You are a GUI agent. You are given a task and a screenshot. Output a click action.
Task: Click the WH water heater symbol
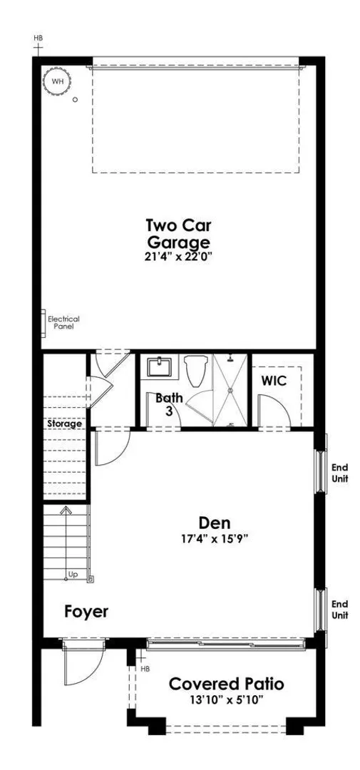click(x=58, y=81)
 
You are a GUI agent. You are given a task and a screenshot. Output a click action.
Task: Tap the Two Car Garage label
click(x=179, y=234)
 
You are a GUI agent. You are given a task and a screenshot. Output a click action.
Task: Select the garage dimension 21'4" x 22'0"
click(x=179, y=257)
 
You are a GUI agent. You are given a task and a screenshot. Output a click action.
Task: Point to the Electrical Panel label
click(x=63, y=322)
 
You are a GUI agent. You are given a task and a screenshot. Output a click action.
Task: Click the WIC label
click(x=274, y=381)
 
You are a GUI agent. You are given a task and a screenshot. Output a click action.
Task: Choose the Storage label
click(x=64, y=423)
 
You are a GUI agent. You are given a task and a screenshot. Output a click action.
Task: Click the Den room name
click(x=215, y=522)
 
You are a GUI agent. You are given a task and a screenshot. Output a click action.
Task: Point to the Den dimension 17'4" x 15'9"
click(x=214, y=538)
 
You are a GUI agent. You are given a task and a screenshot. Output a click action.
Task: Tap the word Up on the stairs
click(x=73, y=574)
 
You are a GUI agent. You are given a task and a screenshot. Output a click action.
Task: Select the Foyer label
click(x=86, y=612)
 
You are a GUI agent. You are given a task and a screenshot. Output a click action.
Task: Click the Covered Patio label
click(x=227, y=684)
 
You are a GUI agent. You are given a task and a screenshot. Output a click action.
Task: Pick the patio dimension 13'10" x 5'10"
click(x=227, y=699)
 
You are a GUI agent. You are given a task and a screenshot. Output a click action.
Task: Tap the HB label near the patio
click(x=145, y=669)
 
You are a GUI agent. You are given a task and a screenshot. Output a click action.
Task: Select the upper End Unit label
click(x=340, y=473)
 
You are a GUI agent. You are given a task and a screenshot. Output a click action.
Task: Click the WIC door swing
click(x=274, y=411)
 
